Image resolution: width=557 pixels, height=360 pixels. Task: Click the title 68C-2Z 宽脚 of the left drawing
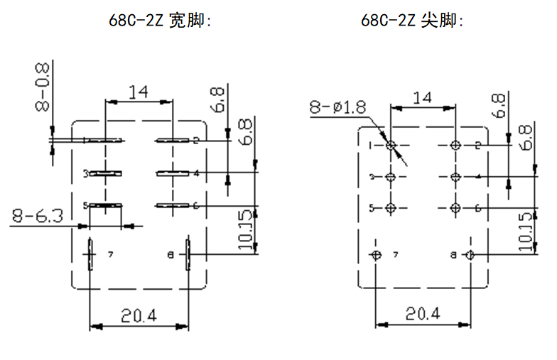click(161, 21)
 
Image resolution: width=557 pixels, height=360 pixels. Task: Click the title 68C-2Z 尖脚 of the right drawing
click(412, 21)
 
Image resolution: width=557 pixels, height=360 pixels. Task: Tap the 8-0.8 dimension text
click(43, 86)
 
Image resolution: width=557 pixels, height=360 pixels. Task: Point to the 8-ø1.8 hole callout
click(338, 107)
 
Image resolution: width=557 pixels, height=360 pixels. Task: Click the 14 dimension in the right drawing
click(422, 97)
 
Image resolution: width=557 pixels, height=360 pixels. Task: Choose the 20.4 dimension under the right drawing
click(423, 313)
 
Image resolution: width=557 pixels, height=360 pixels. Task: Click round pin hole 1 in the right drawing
click(391, 145)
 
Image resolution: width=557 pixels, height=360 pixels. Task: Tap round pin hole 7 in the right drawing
click(377, 255)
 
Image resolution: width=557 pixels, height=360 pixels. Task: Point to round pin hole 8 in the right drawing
click(469, 255)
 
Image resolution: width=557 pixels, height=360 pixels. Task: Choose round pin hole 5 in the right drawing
click(391, 208)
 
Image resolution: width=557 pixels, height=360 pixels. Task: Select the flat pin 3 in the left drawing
click(105, 173)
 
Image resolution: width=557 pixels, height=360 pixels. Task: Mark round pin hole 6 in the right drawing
click(456, 208)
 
